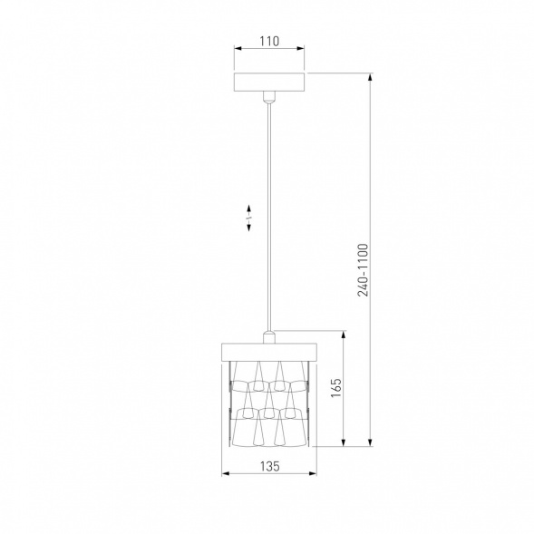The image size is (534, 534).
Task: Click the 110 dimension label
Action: pos(269,41)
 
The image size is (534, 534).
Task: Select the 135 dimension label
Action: pos(270,466)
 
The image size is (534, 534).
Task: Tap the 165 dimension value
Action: pos(335,387)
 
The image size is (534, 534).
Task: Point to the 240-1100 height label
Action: pos(363,270)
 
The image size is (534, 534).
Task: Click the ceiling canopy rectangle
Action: pos(269,83)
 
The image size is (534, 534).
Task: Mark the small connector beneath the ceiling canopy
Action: pos(269,97)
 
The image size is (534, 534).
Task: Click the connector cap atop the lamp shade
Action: pos(268,337)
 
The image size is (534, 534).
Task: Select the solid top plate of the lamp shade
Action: pos(269,352)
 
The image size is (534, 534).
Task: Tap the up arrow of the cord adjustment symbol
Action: pos(248,209)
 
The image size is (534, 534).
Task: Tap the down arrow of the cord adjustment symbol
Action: pos(248,227)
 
